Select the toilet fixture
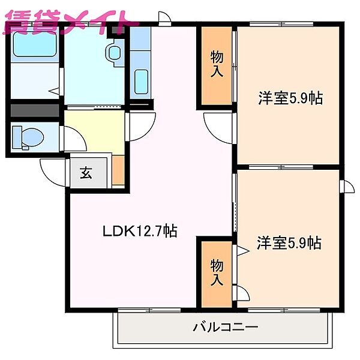(x=27, y=137)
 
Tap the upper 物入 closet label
(x=217, y=65)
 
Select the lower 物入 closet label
(x=217, y=272)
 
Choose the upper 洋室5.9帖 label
(x=290, y=98)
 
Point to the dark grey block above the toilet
(x=34, y=111)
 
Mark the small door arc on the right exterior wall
(x=346, y=187)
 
